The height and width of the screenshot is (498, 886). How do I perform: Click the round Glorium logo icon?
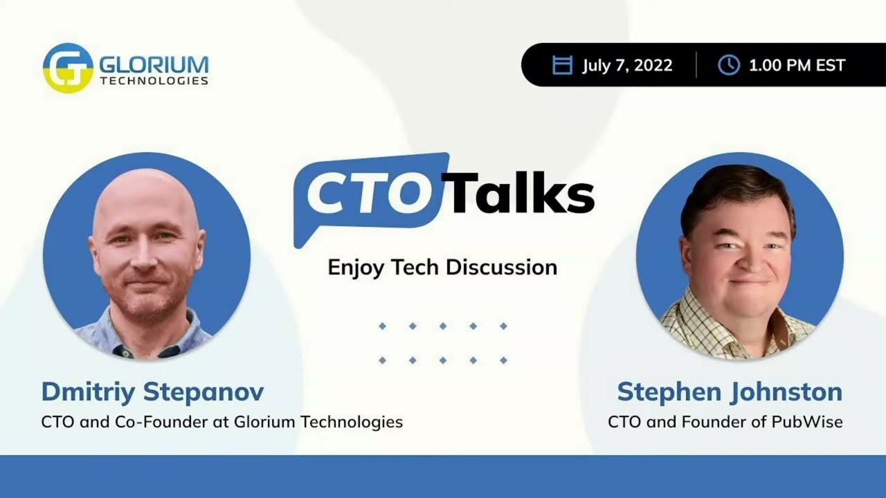(x=67, y=68)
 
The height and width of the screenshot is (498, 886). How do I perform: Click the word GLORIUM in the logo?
(x=154, y=65)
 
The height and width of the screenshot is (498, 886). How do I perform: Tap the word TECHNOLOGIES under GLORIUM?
(x=154, y=81)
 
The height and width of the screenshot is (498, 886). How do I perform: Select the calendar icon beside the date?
(x=562, y=65)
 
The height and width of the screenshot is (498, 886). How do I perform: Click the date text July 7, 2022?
(x=627, y=65)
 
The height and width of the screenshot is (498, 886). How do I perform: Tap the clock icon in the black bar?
(x=728, y=65)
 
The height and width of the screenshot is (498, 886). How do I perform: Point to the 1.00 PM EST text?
(x=797, y=65)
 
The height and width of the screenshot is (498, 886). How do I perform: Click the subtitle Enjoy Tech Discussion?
(x=442, y=267)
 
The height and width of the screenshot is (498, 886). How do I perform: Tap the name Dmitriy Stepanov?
(x=152, y=392)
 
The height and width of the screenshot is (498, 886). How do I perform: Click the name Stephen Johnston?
(x=730, y=392)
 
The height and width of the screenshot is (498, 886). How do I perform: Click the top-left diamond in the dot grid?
(x=382, y=326)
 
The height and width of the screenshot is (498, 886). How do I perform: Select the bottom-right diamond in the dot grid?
(x=503, y=360)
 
